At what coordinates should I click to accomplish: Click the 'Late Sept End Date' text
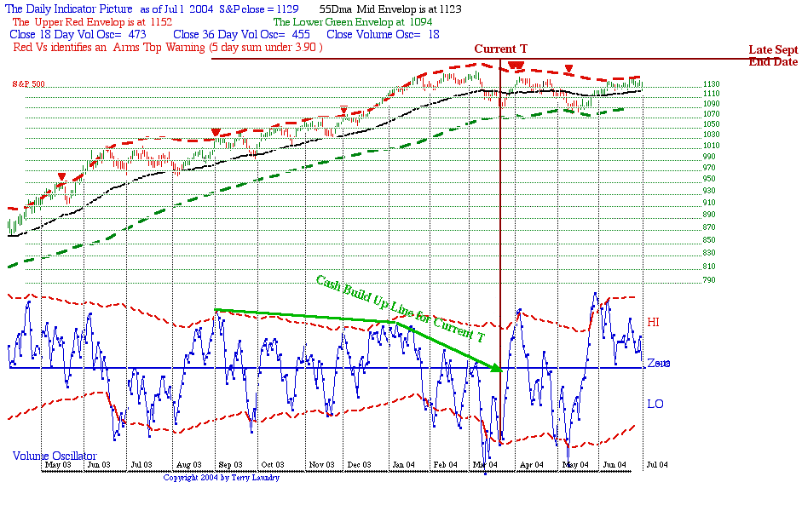coord(773,55)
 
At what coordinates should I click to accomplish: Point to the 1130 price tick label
coord(688,85)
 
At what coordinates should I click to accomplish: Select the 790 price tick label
coord(684,279)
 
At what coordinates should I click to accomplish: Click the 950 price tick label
coord(684,179)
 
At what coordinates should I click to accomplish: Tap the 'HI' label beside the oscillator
coord(654,322)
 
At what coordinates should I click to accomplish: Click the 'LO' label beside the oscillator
coord(655,403)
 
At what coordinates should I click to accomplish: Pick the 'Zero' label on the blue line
coord(658,363)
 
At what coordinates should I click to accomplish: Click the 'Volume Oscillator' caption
coord(55,456)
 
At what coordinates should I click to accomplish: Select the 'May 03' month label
coord(58,465)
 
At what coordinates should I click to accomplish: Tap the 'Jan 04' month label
coord(403,465)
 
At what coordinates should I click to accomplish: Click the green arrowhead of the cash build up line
coord(497,367)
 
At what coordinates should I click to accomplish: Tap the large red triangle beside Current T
coord(516,66)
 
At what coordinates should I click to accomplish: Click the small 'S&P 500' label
coord(29,84)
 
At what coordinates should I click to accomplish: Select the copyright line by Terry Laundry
coord(221,478)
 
